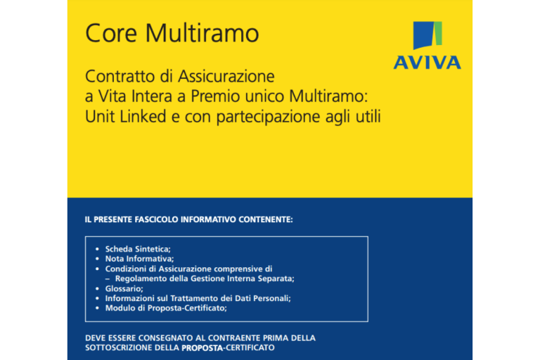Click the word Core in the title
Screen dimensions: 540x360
[x=111, y=33]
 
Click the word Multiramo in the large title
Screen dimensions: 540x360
[x=202, y=33]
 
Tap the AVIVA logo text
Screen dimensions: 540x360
[x=427, y=63]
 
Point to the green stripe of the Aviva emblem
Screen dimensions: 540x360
[x=438, y=34]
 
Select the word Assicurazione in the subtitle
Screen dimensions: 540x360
[x=226, y=77]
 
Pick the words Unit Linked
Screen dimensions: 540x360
[x=126, y=117]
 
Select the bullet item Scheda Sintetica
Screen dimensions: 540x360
[x=138, y=249]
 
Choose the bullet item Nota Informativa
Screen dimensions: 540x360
[x=139, y=259]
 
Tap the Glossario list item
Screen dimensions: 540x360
[x=124, y=289]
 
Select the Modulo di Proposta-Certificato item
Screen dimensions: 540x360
[x=166, y=309]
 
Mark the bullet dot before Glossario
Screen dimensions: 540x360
[x=98, y=289]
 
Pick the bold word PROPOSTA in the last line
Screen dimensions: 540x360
[x=202, y=348]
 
